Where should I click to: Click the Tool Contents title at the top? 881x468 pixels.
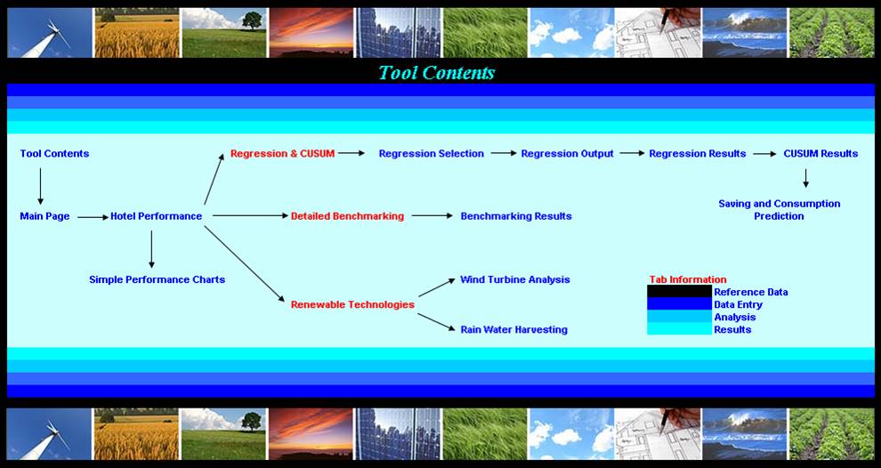click(x=436, y=73)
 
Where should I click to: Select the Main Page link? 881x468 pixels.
click(x=44, y=216)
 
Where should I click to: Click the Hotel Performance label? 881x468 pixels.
click(x=156, y=216)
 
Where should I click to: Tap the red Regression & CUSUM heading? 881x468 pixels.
click(x=282, y=154)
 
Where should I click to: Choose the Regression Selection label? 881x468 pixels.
click(x=431, y=154)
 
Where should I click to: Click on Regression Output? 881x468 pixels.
click(x=567, y=154)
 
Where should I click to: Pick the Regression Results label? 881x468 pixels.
click(x=697, y=154)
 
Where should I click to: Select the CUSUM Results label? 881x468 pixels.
click(x=820, y=154)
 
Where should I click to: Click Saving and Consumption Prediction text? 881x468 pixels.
click(x=779, y=210)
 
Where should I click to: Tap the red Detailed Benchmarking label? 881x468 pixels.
click(x=347, y=216)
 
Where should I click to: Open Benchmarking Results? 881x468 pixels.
click(x=515, y=216)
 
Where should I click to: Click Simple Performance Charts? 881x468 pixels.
click(x=157, y=279)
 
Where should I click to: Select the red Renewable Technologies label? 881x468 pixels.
click(x=352, y=304)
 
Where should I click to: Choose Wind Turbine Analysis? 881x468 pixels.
click(x=514, y=279)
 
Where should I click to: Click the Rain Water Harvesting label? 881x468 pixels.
click(x=513, y=329)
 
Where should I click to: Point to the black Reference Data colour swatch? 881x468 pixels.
click(x=679, y=292)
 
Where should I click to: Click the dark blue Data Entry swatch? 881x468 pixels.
click(x=679, y=304)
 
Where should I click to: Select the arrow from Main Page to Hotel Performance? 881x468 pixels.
click(x=93, y=216)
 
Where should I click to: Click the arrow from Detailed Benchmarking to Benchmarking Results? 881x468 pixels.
click(x=432, y=215)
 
